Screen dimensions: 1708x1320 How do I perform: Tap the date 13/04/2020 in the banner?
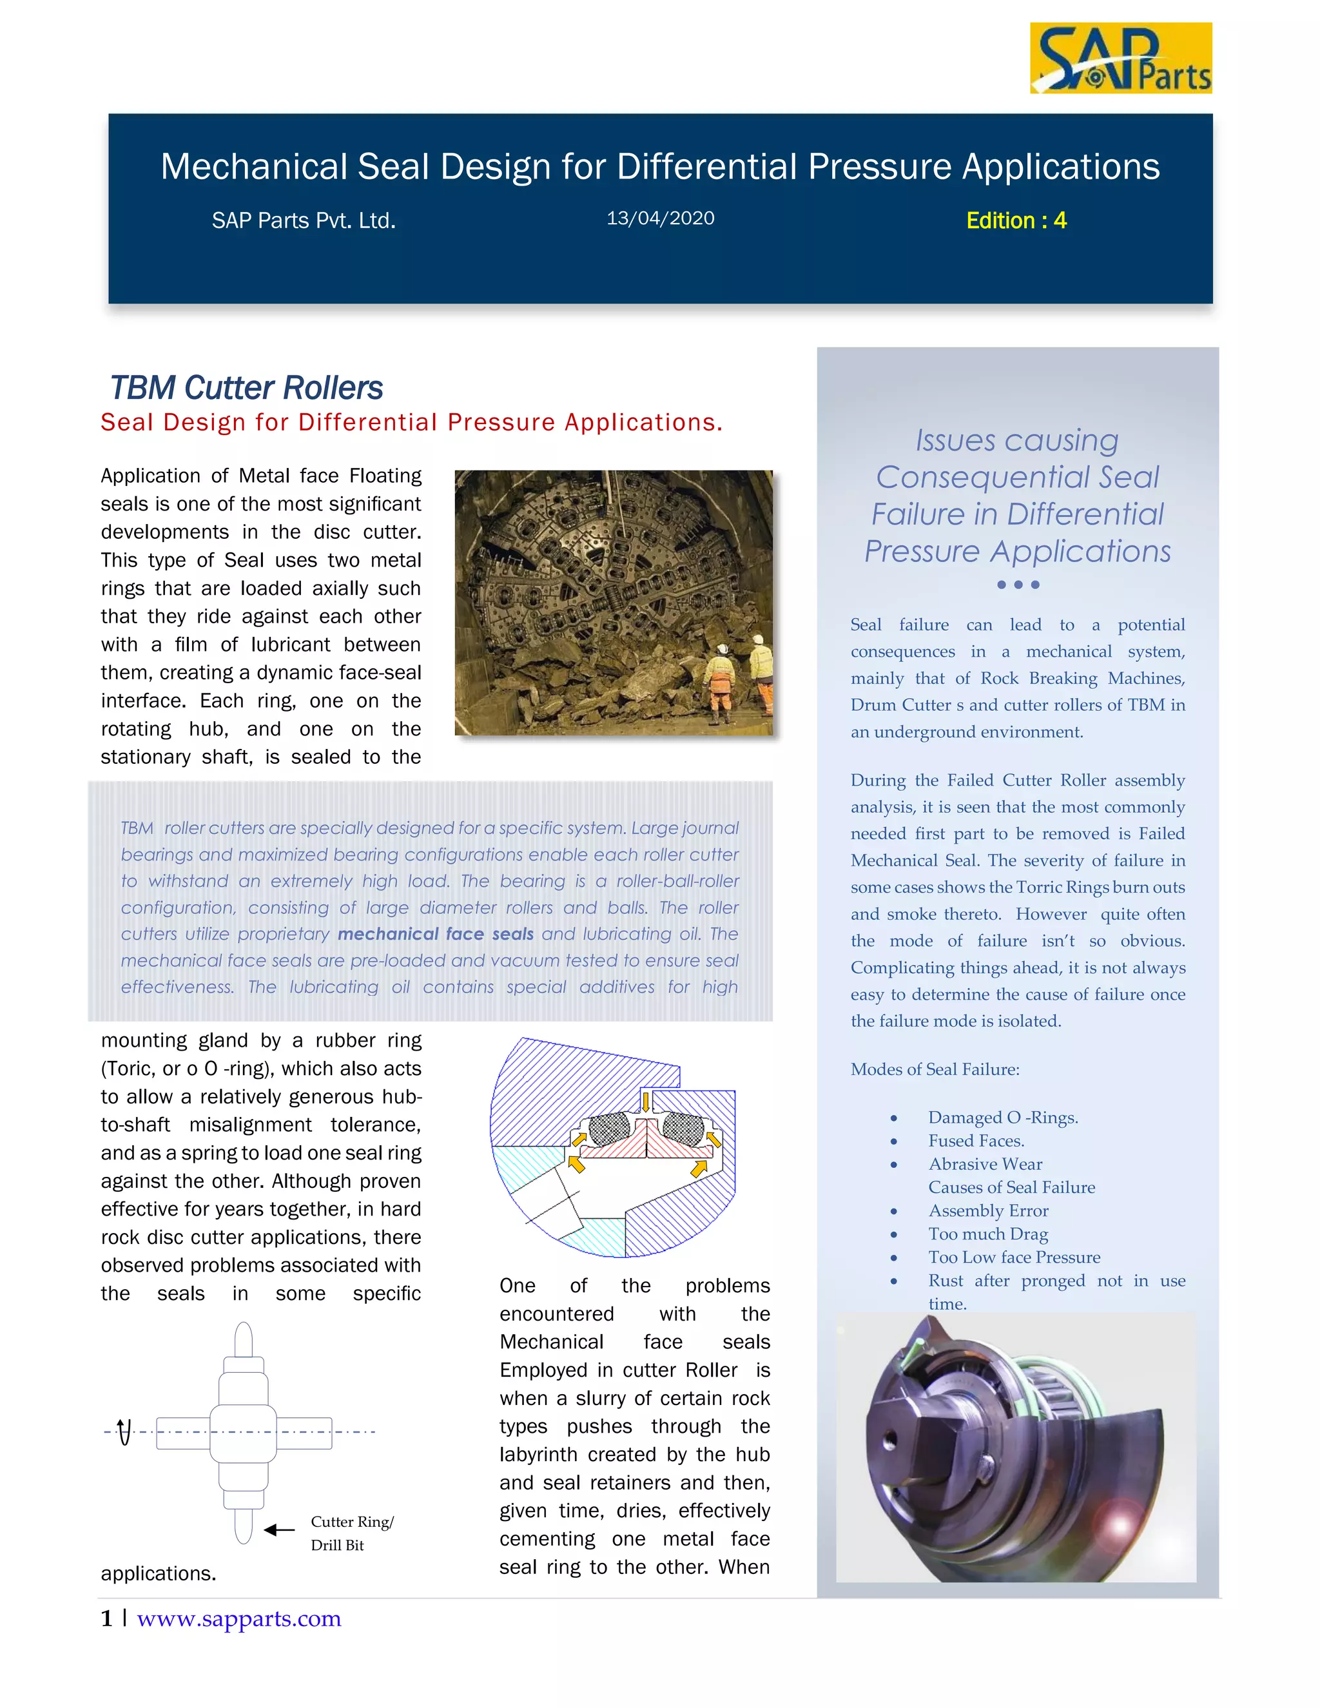coord(660,218)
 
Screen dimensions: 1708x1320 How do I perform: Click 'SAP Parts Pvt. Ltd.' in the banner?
coord(304,221)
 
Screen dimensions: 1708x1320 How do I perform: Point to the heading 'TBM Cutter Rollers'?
coord(246,388)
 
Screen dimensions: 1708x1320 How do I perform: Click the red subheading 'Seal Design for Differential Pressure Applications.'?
coord(411,422)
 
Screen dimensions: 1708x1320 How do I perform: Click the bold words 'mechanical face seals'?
coord(435,934)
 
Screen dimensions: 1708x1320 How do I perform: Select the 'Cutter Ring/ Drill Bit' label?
coord(351,1532)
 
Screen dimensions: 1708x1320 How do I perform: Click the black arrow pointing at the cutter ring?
coord(279,1529)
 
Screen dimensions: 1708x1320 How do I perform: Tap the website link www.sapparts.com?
coord(238,1618)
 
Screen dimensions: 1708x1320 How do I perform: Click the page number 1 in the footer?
coord(106,1618)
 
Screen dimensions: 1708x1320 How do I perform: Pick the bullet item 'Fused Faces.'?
coord(975,1140)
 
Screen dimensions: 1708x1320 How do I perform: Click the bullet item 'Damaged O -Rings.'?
coord(1002,1117)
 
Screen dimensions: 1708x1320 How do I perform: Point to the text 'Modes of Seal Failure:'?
coord(935,1069)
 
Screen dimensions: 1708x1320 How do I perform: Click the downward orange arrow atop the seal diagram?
coord(645,1101)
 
